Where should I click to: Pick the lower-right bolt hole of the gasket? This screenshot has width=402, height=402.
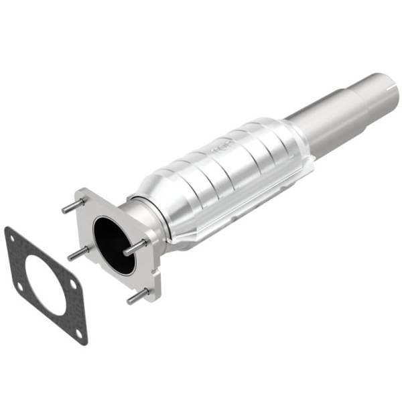pyautogui.click(x=78, y=332)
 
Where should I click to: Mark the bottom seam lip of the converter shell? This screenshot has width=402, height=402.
pyautogui.click(x=234, y=214)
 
